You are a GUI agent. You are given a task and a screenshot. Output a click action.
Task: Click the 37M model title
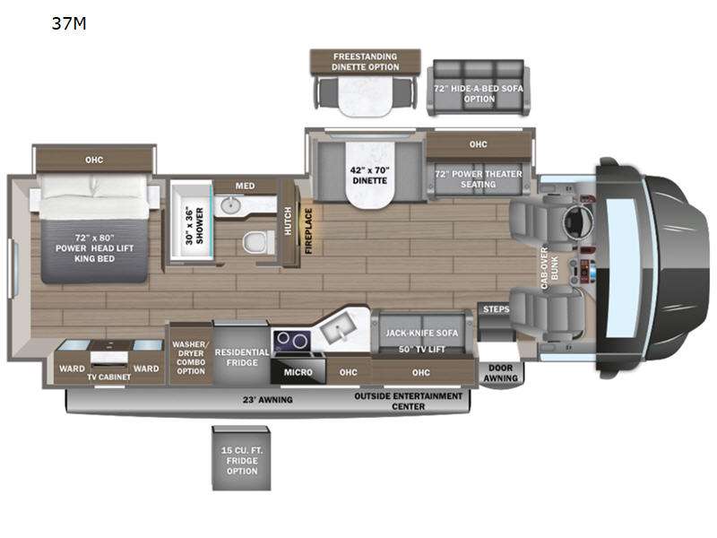[69, 23]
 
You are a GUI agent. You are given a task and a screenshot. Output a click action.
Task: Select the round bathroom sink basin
[230, 205]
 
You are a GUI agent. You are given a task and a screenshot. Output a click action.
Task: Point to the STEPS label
[497, 309]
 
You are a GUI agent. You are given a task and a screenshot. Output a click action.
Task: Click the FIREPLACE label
[308, 231]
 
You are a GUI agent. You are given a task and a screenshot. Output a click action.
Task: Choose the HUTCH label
[288, 221]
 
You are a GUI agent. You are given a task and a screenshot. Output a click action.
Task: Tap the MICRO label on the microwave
[298, 372]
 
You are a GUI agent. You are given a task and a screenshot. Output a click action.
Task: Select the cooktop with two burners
[292, 342]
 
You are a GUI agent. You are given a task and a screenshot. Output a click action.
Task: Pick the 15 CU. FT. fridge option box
[241, 458]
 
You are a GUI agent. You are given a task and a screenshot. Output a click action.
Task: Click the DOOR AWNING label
[501, 373]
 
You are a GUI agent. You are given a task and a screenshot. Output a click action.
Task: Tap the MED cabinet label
[245, 186]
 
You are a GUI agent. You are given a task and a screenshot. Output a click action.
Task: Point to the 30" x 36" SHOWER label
[194, 226]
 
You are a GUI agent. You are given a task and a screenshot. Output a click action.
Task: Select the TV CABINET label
[109, 377]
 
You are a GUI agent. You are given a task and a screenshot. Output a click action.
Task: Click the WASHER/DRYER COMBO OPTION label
[191, 358]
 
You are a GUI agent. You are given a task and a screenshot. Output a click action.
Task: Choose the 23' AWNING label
[267, 400]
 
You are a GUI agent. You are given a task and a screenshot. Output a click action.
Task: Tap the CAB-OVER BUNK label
[549, 268]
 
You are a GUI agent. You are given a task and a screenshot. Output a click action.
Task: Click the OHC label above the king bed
[94, 160]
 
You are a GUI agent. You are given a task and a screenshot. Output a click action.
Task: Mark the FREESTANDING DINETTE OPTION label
[366, 62]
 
